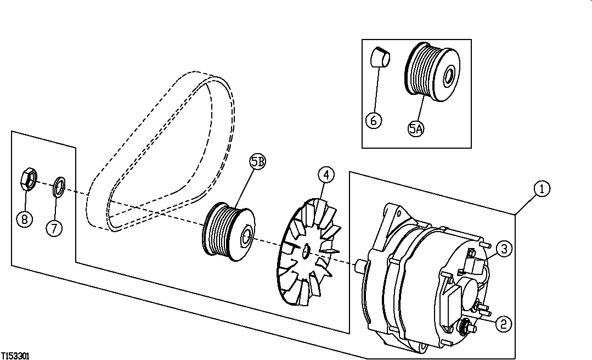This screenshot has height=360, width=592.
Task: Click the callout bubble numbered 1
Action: pos(541,189)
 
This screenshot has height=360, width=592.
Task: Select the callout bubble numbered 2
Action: pos(503,323)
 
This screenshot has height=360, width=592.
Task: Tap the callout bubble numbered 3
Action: pos(505,249)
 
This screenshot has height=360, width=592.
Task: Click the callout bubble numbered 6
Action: pos(373,120)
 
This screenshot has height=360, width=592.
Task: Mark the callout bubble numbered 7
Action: pos(54,228)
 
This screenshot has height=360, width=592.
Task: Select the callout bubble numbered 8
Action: pos(24,220)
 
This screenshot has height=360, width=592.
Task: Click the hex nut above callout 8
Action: pos(29,179)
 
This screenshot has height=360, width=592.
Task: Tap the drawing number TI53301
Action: pos(15,356)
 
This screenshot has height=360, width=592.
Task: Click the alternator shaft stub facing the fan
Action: pos(360,265)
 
